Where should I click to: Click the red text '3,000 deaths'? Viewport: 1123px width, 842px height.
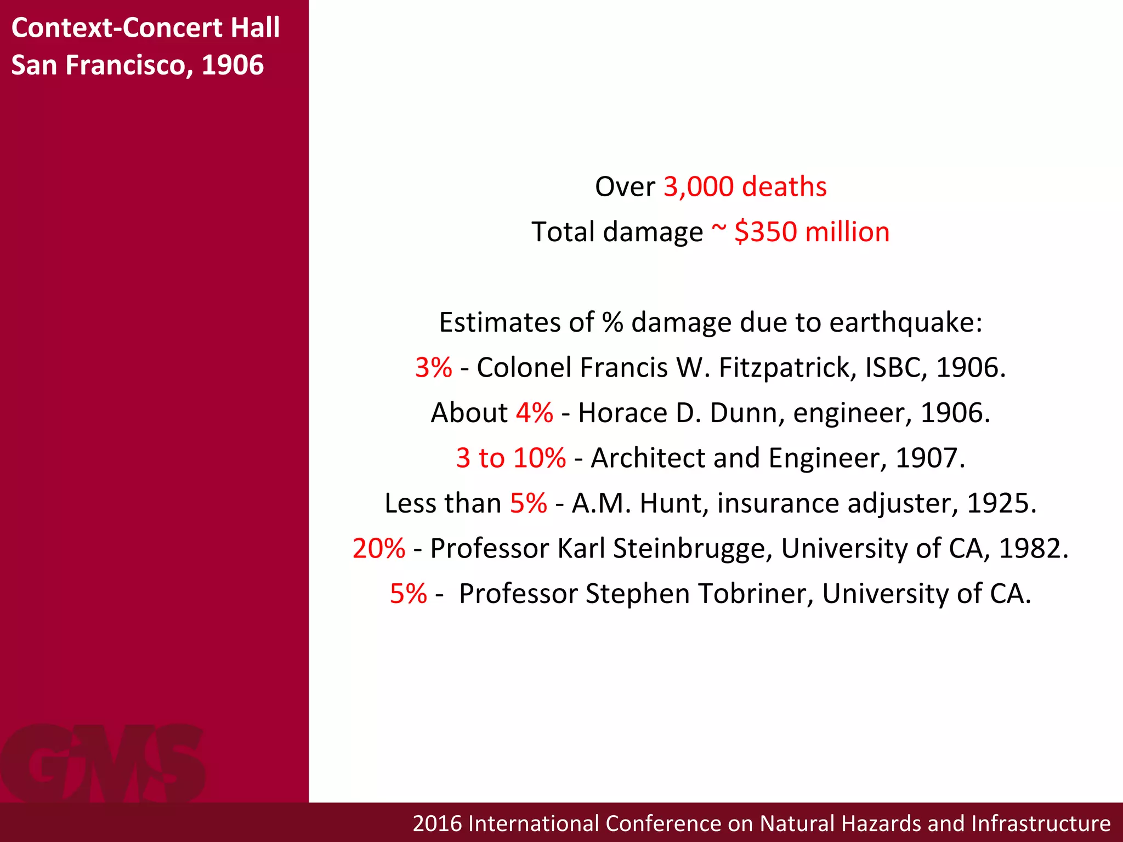pos(745,187)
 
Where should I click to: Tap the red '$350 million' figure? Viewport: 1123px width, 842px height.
pos(812,232)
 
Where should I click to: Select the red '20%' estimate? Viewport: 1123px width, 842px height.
pos(378,548)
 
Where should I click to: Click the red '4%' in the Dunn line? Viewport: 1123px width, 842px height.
pos(534,413)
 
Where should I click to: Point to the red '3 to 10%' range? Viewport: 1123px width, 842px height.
pos(511,458)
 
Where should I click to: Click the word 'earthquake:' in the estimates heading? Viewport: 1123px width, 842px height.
pos(905,322)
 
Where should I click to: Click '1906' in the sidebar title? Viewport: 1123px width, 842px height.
pos(232,65)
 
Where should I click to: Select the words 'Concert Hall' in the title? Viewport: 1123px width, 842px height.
pos(201,27)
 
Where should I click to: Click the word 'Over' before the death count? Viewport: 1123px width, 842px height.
pos(625,187)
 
